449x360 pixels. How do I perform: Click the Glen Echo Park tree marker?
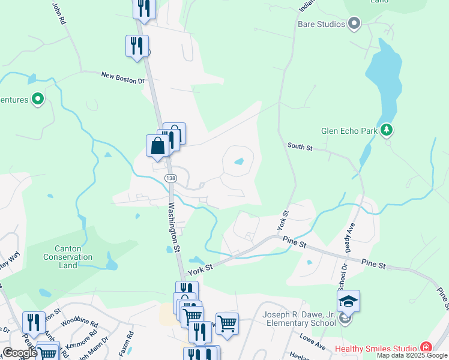point(387,129)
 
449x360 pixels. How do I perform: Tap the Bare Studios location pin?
point(354,24)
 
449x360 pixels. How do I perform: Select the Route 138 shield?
point(172,178)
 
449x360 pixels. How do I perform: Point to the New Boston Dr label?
point(123,77)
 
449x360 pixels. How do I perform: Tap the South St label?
point(300,146)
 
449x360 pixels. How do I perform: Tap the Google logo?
point(20,353)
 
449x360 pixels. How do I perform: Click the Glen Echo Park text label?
point(349,130)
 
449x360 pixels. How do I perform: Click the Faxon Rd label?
point(127,344)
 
